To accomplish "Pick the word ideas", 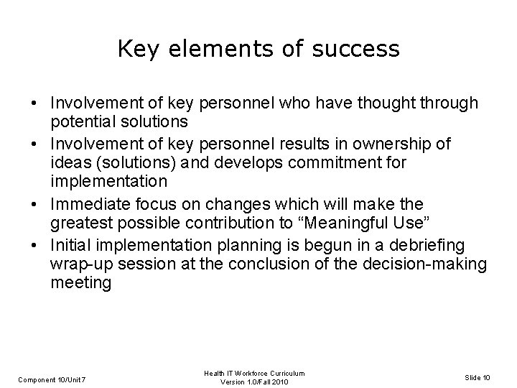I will [69, 163].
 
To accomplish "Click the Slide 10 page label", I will [479, 378].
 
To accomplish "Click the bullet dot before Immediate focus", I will [34, 205].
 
